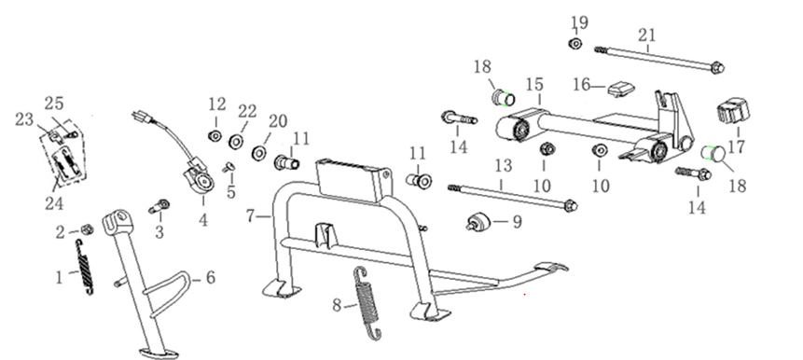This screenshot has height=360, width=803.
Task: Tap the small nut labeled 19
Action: (575, 44)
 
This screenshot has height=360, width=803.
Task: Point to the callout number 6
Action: (210, 277)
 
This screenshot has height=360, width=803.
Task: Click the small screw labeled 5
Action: (228, 167)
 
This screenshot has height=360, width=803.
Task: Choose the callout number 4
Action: (203, 220)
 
